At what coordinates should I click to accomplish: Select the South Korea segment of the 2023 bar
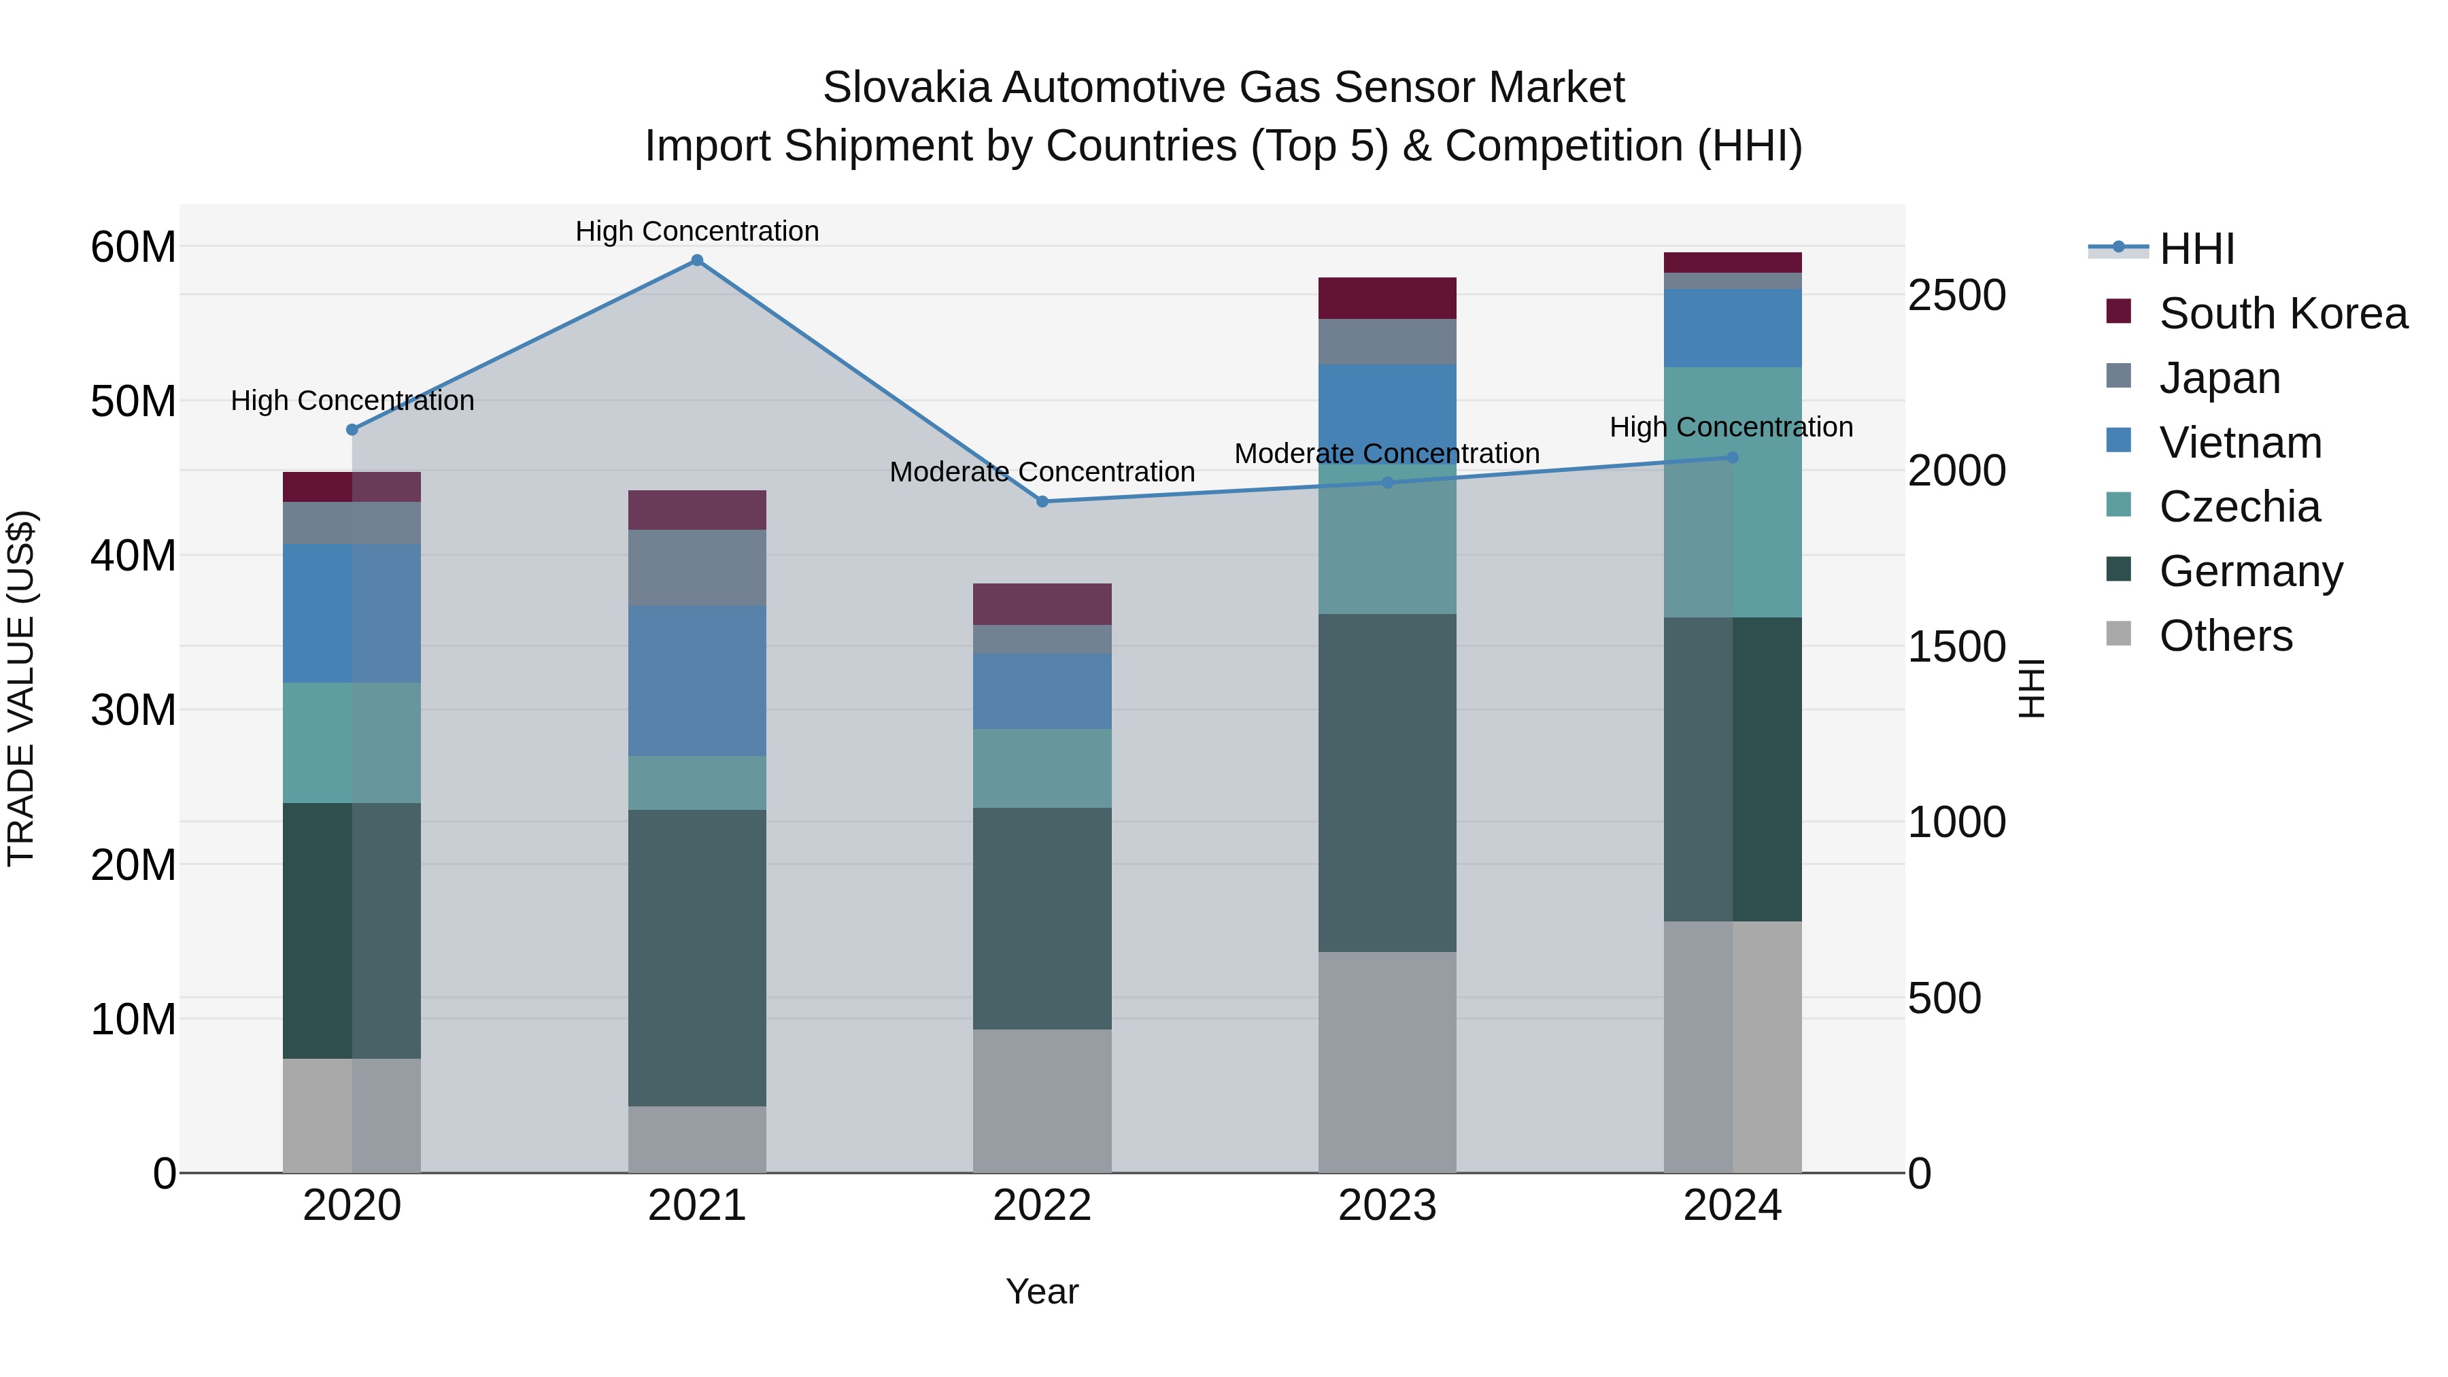(1387, 299)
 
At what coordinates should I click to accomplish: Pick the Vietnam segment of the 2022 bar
(1042, 691)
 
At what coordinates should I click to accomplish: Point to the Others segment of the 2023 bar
(1387, 1061)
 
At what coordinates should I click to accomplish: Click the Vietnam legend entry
(2240, 443)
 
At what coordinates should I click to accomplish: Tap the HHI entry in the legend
(2196, 249)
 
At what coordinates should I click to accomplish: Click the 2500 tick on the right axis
(1956, 296)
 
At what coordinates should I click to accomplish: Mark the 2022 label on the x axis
(1042, 1206)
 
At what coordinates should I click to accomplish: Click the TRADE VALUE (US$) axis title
(21, 688)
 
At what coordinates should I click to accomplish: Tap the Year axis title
(1042, 1291)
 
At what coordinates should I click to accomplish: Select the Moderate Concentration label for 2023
(1387, 454)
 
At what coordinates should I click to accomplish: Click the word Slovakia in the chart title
(906, 88)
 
